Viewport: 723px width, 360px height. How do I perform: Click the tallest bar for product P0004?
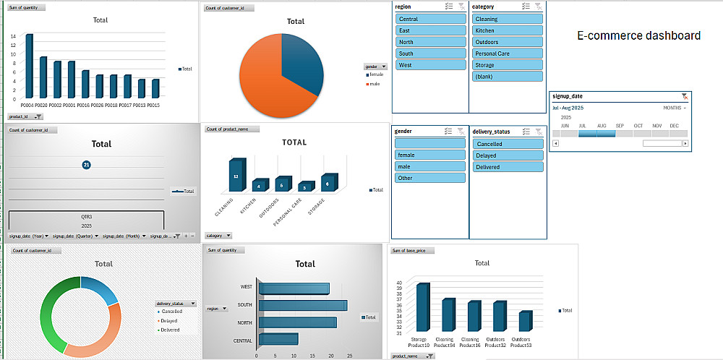coord(29,66)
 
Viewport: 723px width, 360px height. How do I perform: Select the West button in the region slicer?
coord(431,65)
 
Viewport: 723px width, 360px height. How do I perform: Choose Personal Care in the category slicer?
coord(508,53)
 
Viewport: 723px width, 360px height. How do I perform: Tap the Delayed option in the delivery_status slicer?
coord(508,155)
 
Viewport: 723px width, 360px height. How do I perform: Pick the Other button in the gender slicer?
coord(431,178)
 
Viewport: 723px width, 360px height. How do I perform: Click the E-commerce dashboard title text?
coord(638,35)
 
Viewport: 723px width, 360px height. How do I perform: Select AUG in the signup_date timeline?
coord(602,133)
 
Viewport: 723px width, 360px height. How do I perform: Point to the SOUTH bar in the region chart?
coord(302,305)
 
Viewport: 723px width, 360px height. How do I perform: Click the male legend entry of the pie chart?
coord(375,84)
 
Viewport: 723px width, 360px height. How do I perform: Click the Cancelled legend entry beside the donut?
coord(170,312)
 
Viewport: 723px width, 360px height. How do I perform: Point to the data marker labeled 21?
coord(87,166)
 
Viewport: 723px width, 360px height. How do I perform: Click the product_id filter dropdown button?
coord(38,116)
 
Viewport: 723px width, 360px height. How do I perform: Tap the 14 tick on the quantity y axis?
coord(13,36)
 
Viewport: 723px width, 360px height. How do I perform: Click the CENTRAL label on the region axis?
coord(242,340)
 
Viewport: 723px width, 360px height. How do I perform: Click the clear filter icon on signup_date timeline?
coord(684,96)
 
